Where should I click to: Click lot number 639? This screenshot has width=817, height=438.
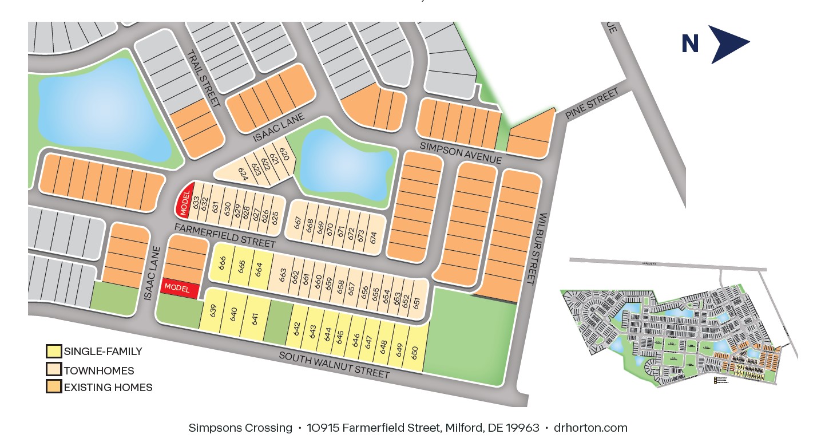(x=214, y=312)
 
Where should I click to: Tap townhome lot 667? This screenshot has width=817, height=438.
(x=298, y=223)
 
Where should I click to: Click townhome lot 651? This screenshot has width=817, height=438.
(x=416, y=302)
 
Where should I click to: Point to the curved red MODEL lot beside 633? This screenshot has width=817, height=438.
(x=184, y=201)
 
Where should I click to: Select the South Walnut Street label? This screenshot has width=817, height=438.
(x=334, y=365)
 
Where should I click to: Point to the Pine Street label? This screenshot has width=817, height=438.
(x=592, y=104)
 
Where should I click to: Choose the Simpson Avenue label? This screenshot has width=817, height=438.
(x=461, y=152)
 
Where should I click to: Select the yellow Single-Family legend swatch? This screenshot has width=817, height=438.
(x=54, y=351)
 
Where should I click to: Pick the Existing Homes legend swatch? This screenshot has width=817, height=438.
(x=54, y=387)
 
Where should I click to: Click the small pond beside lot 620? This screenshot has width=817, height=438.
(x=346, y=167)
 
